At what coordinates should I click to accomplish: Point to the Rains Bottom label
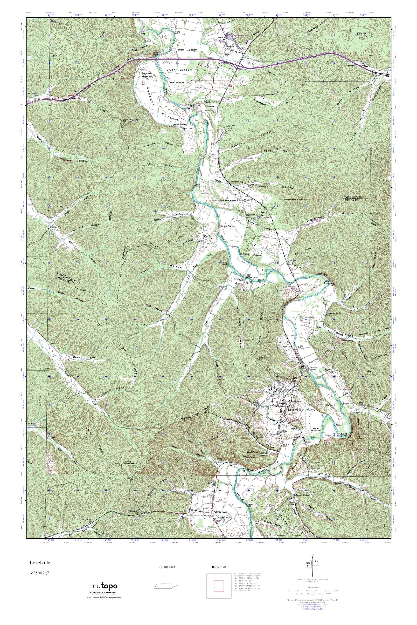[x=228, y=226]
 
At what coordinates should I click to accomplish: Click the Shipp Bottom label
[x=188, y=50]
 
